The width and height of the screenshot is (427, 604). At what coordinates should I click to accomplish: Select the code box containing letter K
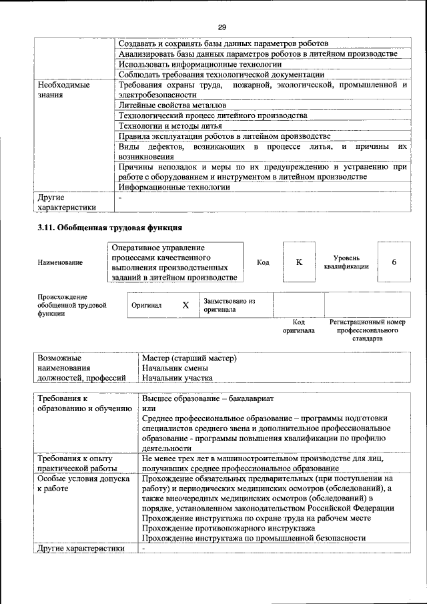(299, 262)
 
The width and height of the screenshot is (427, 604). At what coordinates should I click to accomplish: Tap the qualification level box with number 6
(394, 262)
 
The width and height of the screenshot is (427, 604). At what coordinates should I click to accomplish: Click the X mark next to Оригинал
(185, 305)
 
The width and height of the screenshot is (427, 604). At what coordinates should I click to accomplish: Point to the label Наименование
(60, 263)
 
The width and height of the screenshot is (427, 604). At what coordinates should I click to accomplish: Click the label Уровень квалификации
(346, 262)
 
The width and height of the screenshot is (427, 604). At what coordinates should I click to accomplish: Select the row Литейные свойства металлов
(172, 105)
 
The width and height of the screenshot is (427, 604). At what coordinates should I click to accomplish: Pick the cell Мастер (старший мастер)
(189, 358)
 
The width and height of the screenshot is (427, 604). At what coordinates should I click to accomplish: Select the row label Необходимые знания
(64, 90)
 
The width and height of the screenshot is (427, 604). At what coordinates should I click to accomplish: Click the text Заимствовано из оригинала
(230, 305)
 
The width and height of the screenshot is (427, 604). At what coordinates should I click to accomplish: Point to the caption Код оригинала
(298, 326)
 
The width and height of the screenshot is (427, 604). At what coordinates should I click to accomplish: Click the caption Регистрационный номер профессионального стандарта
(368, 330)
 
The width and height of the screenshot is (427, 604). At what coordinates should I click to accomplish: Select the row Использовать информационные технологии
(183, 64)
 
